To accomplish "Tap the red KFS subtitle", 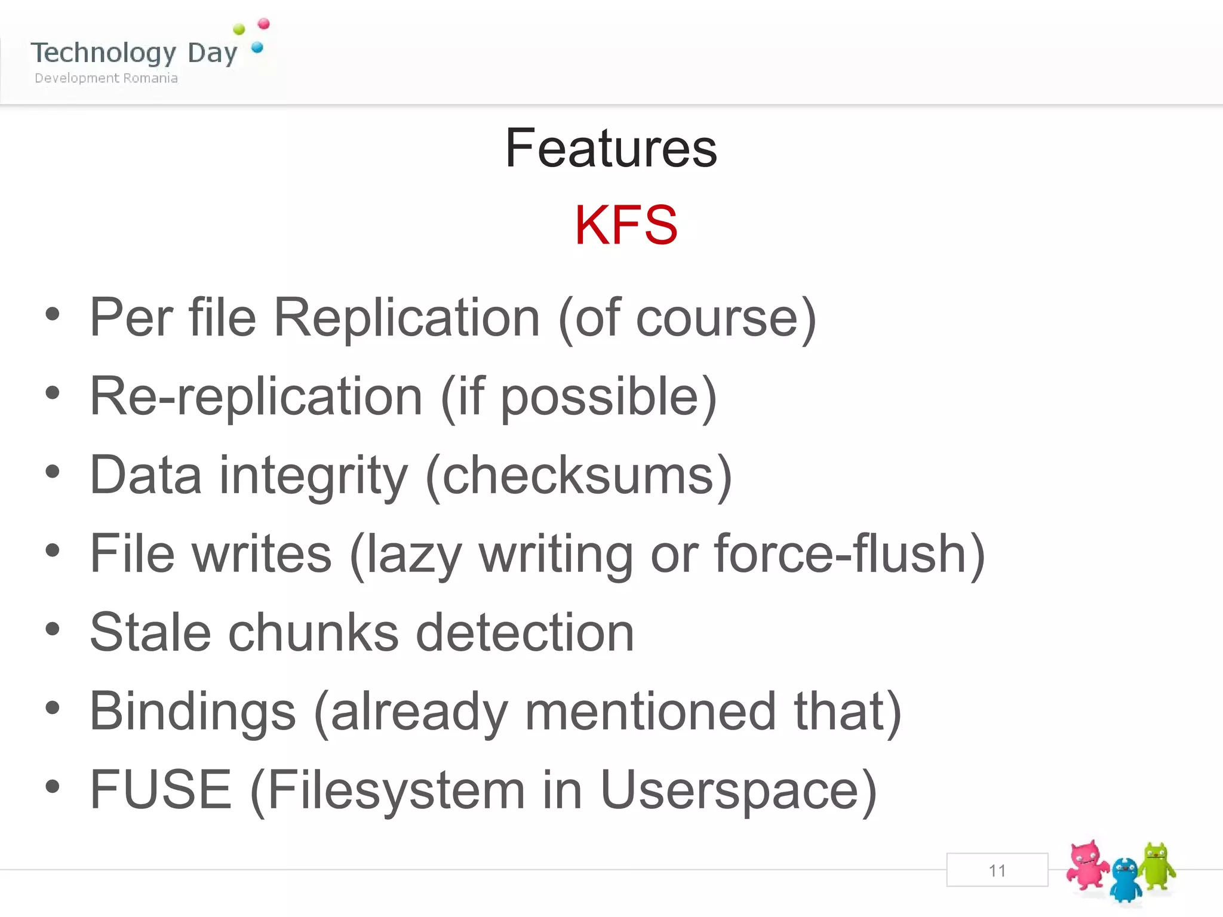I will coord(626,225).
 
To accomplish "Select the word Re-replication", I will coord(256,396).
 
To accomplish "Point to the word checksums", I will coord(578,475).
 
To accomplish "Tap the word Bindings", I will coord(192,711).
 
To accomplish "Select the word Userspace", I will coord(730,790).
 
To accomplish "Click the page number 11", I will coord(997,870).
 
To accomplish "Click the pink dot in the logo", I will coord(263,24).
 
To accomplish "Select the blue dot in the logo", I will coord(257,47).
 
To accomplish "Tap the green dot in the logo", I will coord(239,29).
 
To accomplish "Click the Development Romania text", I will coord(106,78).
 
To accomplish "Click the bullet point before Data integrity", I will coord(53,472).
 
